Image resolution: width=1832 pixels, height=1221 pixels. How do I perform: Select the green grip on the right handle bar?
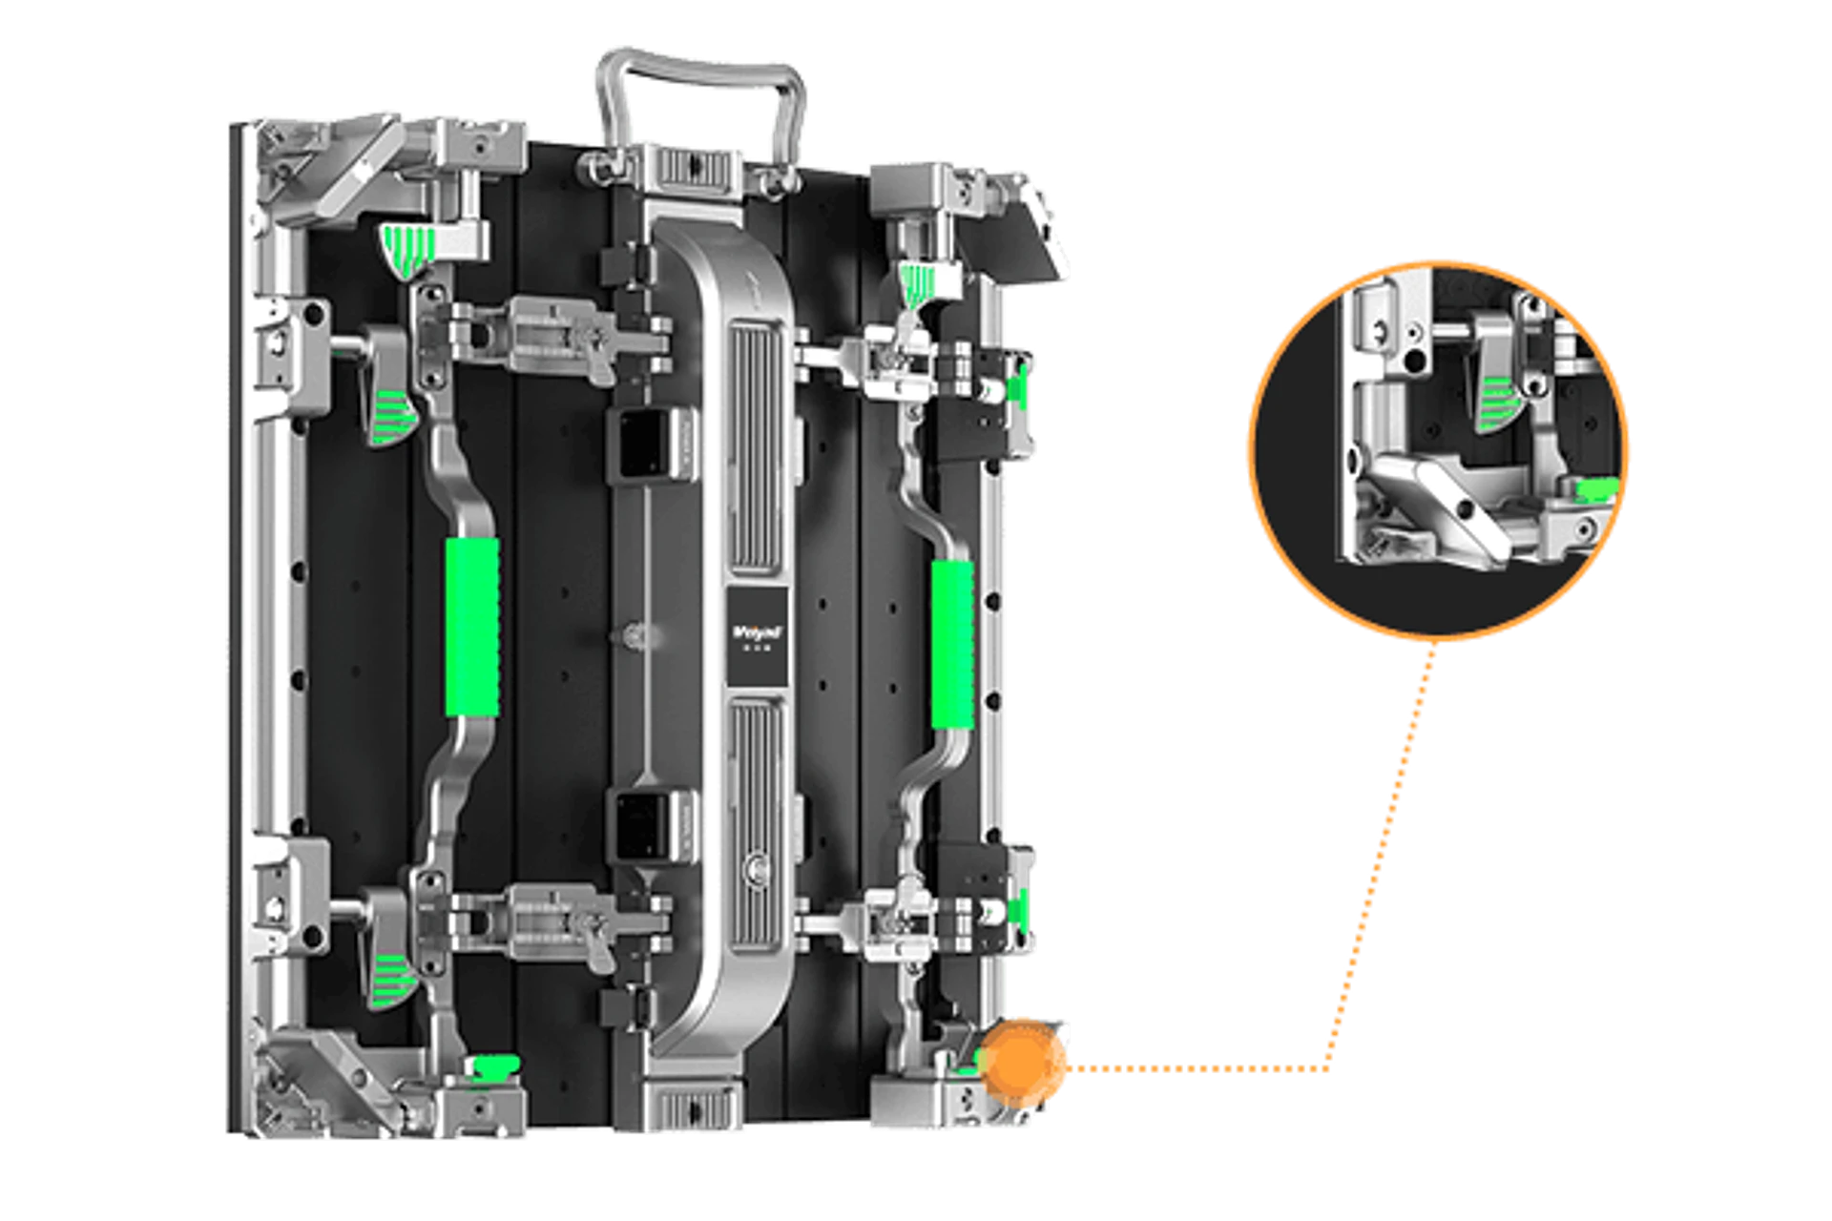pyautogui.click(x=952, y=645)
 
